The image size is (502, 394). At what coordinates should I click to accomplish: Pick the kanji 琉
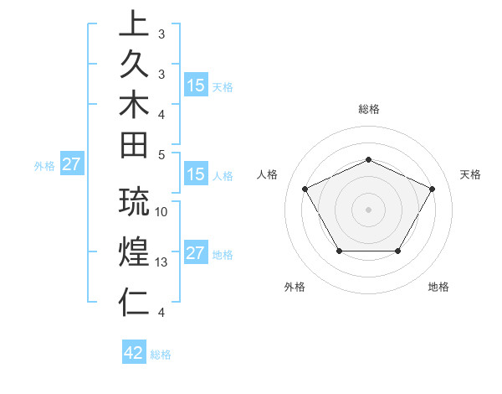pyautogui.click(x=135, y=202)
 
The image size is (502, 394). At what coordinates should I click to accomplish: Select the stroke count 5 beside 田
pyautogui.click(x=161, y=154)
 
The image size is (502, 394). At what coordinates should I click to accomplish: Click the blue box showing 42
pyautogui.click(x=134, y=353)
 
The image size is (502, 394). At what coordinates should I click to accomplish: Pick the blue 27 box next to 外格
pyautogui.click(x=71, y=165)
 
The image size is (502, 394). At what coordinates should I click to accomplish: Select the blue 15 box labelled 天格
pyautogui.click(x=196, y=86)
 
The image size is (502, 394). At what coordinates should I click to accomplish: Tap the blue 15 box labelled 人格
pyautogui.click(x=196, y=175)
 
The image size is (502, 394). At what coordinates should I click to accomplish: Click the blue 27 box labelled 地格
pyautogui.click(x=196, y=254)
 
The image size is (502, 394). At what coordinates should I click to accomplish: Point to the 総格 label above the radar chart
pyautogui.click(x=368, y=109)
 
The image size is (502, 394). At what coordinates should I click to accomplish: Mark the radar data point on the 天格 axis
pyautogui.click(x=433, y=189)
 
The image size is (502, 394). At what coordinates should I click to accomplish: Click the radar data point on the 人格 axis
pyautogui.click(x=305, y=189)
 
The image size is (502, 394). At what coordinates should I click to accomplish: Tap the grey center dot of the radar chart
pyautogui.click(x=368, y=209)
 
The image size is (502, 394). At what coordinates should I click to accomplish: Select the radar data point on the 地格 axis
pyautogui.click(x=398, y=251)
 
